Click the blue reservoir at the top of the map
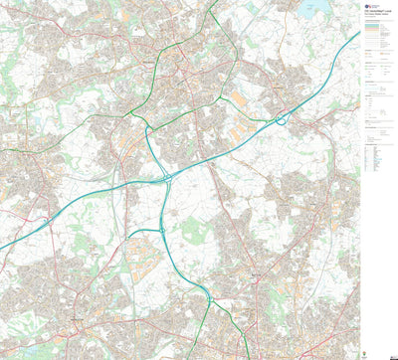pyautogui.click(x=317, y=9)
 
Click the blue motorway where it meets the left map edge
pyautogui.click(x=2, y=248)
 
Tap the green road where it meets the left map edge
pyautogui.click(x=2, y=150)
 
